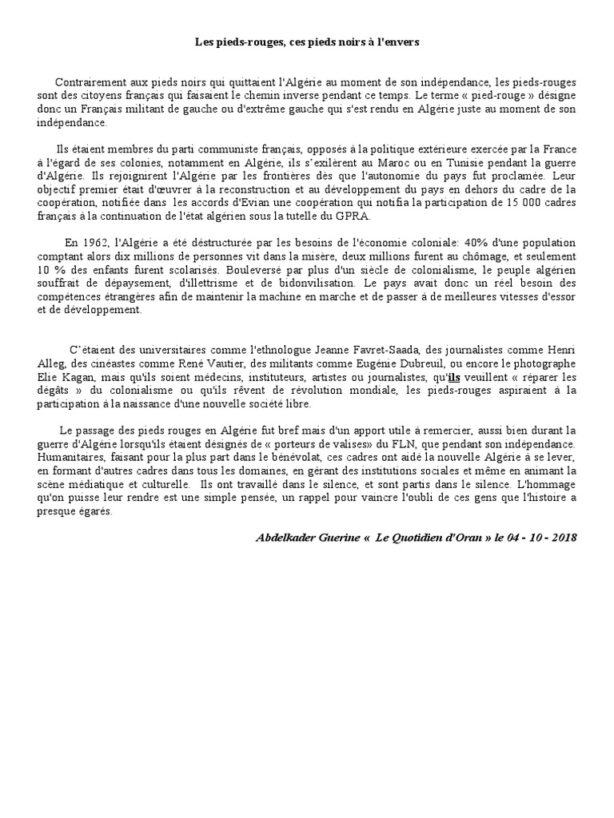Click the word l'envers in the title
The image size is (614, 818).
(398, 42)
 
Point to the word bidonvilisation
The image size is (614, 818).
(315, 283)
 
